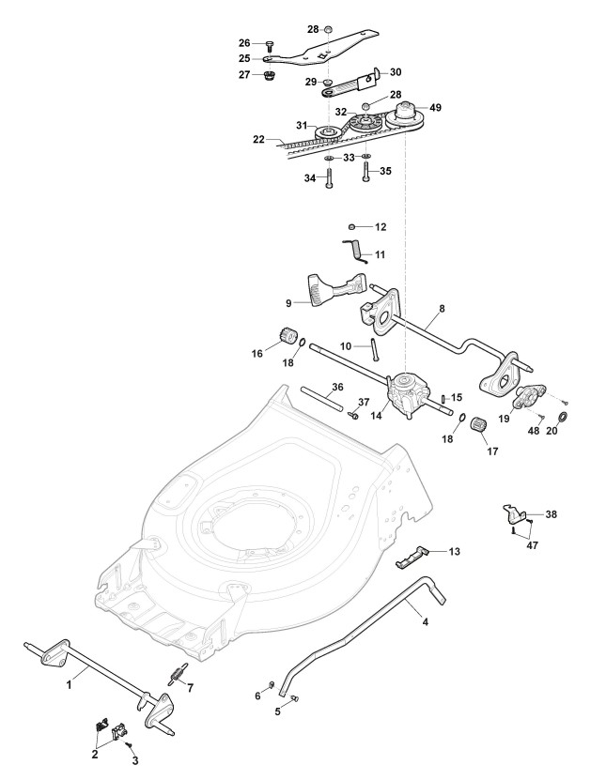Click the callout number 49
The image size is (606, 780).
coord(434,108)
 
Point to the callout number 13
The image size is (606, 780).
coord(454,551)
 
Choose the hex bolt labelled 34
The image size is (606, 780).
coord(331,180)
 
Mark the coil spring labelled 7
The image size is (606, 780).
coord(178,674)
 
